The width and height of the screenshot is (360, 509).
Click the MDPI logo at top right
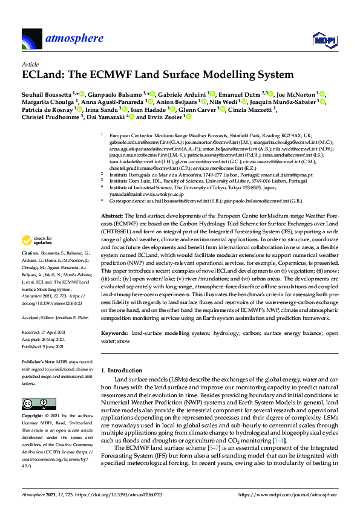pyautogui.click(x=323, y=40)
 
